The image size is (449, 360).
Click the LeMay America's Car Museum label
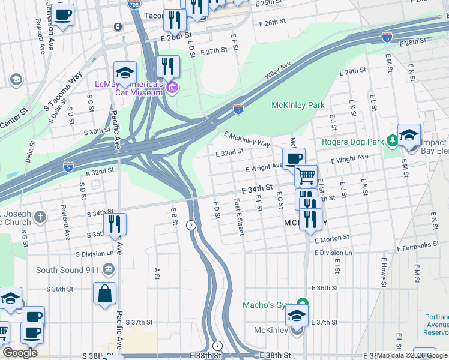[128, 88]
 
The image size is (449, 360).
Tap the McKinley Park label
[298, 105]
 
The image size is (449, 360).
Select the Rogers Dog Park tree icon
[393, 141]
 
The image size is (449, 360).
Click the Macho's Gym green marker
[303, 305]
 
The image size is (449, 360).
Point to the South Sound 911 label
[68, 270]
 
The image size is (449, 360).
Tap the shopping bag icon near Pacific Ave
[104, 294]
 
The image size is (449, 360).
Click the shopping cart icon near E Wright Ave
[306, 176]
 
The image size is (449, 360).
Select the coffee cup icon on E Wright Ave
[294, 158]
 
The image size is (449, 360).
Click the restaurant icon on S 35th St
[114, 224]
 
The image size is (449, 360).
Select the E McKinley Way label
[247, 139]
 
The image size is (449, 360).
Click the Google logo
[20, 352]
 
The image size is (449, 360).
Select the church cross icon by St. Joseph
[40, 217]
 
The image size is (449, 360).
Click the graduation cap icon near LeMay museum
[125, 73]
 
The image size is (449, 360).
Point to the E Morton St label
[331, 238]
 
